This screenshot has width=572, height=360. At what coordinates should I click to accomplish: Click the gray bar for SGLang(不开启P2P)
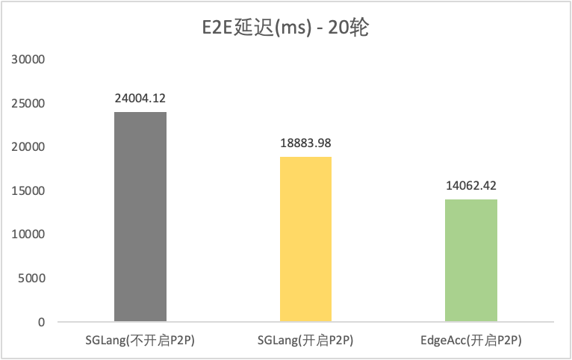point(140,217)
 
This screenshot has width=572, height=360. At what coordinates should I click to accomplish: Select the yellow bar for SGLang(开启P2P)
point(305,239)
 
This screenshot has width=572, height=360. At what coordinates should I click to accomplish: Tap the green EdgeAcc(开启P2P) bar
point(470,261)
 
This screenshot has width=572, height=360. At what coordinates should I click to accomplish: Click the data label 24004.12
point(140,97)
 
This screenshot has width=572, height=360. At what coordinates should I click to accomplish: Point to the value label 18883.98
point(305,142)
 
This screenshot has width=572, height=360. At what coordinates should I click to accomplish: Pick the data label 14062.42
point(470,184)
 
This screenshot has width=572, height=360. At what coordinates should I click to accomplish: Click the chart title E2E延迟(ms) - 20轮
point(287,30)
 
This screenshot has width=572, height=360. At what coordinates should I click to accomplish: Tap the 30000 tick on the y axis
point(31,59)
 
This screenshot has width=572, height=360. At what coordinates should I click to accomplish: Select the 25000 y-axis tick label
point(31,103)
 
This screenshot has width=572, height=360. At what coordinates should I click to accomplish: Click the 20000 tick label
point(31,147)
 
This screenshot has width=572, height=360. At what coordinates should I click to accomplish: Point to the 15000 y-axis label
point(31,190)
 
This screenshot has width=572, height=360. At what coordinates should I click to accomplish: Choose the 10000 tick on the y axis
point(31,235)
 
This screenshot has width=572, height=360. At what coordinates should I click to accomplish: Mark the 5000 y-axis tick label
point(34,278)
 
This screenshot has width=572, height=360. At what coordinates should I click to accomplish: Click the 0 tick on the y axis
point(43,322)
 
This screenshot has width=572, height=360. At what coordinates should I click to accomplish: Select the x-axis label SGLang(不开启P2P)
point(140,341)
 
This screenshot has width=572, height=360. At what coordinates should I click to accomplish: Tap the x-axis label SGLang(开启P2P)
point(305,341)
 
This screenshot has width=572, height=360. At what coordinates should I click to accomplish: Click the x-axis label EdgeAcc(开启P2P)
point(470,341)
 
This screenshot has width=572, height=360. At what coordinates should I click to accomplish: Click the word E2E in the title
point(217,30)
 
